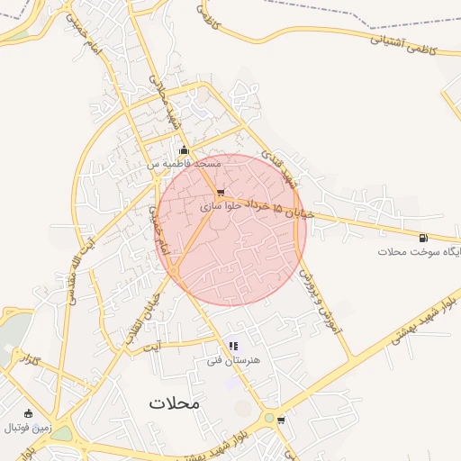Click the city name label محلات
point(176,403)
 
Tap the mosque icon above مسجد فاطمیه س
point(185,150)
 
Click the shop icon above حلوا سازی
point(221,192)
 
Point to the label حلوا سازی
point(216,207)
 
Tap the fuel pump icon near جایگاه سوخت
point(423,238)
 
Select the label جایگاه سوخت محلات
point(420,252)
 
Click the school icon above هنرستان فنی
point(233,346)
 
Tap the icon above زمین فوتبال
point(28,412)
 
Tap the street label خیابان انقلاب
point(147,312)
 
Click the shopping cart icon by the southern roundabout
point(281,420)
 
